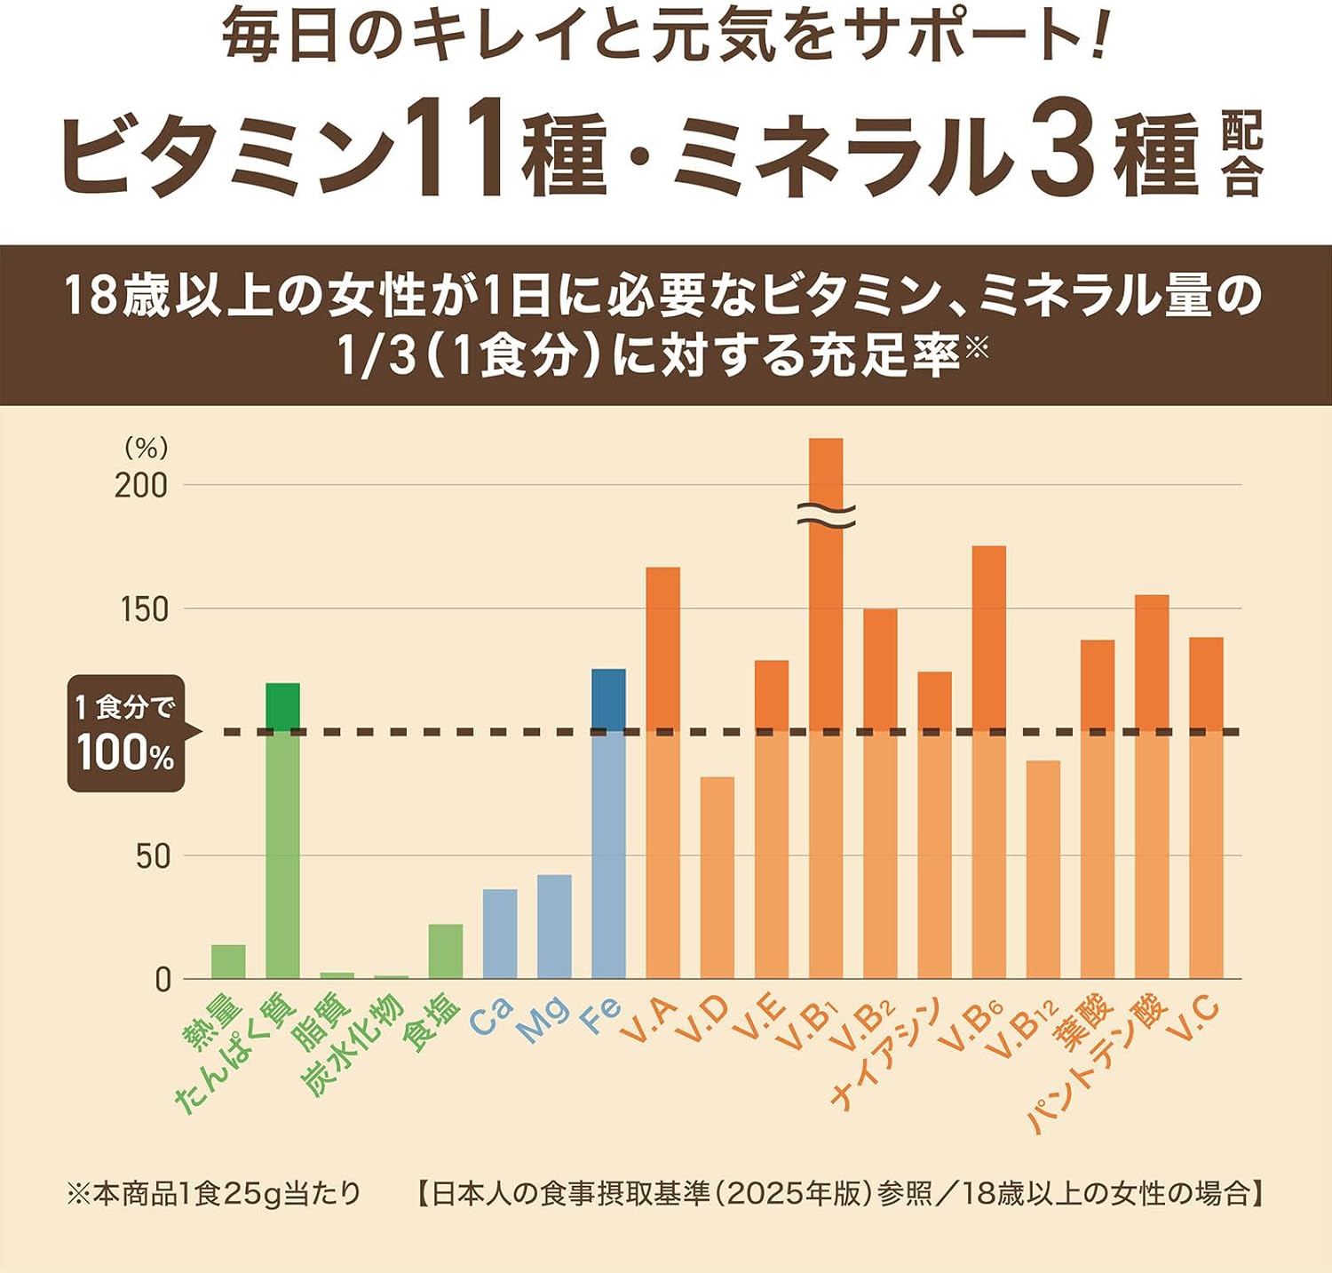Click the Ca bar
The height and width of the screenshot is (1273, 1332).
500,934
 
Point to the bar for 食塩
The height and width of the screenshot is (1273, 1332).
446,951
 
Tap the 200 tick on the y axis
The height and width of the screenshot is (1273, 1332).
141,486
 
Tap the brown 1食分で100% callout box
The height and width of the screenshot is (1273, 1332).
126,734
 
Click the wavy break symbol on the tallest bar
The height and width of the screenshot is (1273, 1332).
826,513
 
